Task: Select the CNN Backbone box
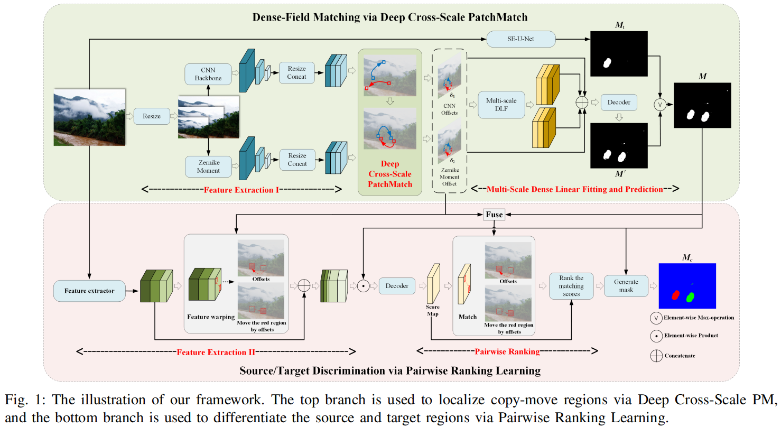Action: coord(208,73)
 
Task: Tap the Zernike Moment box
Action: coord(208,166)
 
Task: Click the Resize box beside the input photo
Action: coord(152,116)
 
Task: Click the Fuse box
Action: coord(495,215)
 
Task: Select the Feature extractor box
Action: coord(89,290)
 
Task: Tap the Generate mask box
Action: coord(626,286)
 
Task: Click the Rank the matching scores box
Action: coord(571,286)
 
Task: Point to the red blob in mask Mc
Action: coord(675,295)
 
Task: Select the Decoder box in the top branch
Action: coord(618,101)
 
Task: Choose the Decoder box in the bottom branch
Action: coord(396,286)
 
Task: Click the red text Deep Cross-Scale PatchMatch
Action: coord(389,174)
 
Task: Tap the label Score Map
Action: coord(433,310)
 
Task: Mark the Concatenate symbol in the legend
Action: coord(656,356)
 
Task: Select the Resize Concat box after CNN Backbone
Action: coord(296,72)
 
